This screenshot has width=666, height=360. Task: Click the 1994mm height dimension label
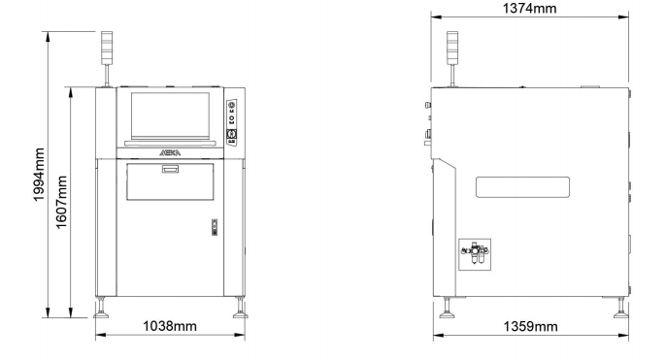click(x=39, y=175)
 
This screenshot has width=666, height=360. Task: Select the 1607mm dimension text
click(x=61, y=202)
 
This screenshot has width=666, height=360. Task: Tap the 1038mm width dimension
click(x=170, y=326)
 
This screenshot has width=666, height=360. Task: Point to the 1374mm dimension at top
click(x=530, y=8)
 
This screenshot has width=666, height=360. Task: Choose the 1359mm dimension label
click(x=530, y=326)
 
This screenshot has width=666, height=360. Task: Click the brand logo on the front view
click(x=170, y=153)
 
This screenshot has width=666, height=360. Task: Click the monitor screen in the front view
click(x=170, y=115)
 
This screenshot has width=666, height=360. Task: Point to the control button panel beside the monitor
click(x=231, y=122)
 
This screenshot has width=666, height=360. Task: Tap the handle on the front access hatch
click(x=170, y=170)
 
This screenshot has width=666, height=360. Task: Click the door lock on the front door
click(x=215, y=227)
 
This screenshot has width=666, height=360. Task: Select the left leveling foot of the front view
click(x=101, y=308)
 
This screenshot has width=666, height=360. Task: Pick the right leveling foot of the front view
click(x=240, y=308)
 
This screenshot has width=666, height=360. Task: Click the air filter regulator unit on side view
click(x=475, y=254)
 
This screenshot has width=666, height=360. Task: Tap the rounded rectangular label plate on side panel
click(x=522, y=187)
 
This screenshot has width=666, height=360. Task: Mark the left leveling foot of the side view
click(x=447, y=308)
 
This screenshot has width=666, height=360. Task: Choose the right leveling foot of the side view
click(x=621, y=308)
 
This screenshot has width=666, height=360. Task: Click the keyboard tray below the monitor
click(x=170, y=143)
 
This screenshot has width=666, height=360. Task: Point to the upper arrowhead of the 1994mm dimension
click(x=48, y=36)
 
